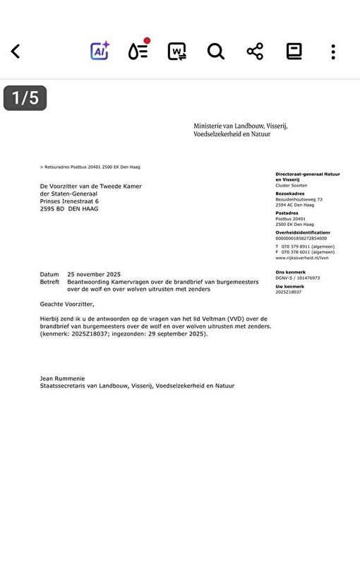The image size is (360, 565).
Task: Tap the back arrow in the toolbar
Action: [x=16, y=52]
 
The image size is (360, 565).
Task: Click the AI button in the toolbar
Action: [x=100, y=51]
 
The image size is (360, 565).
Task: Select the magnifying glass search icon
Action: [x=215, y=52]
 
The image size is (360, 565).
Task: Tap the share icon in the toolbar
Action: [x=255, y=52]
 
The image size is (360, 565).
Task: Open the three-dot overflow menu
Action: [x=332, y=52]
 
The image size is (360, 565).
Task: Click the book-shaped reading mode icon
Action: [x=294, y=52]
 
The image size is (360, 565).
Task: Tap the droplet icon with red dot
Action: [x=138, y=51]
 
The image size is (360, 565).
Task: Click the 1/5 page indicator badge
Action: [x=25, y=98]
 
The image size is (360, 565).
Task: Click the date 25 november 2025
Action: [x=94, y=274]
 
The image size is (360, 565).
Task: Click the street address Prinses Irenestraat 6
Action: [x=69, y=201]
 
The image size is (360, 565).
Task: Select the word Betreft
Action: [x=50, y=281]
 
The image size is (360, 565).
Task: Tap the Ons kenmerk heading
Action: [x=290, y=272]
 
